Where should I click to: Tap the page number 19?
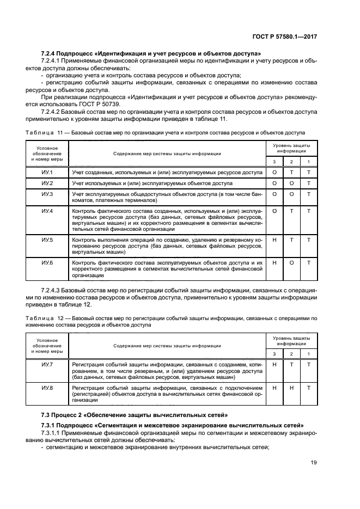pyautogui.click(x=314, y=463)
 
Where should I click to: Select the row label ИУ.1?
pyautogui.click(x=47, y=173)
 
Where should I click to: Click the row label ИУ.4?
pyautogui.click(x=47, y=211)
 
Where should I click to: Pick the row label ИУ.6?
pyautogui.click(x=47, y=263)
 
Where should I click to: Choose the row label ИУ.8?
pyautogui.click(x=47, y=388)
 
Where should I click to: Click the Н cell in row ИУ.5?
pyautogui.click(x=275, y=240)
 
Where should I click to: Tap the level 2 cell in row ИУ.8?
pyautogui.click(x=291, y=388)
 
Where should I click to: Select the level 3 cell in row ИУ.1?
pyautogui.click(x=275, y=173)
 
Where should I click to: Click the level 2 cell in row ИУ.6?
pyautogui.click(x=291, y=263)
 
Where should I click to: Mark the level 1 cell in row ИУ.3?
pyautogui.click(x=309, y=194)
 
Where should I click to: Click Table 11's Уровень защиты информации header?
pyautogui.click(x=291, y=149)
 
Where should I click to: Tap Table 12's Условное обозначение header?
pyautogui.click(x=47, y=346)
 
